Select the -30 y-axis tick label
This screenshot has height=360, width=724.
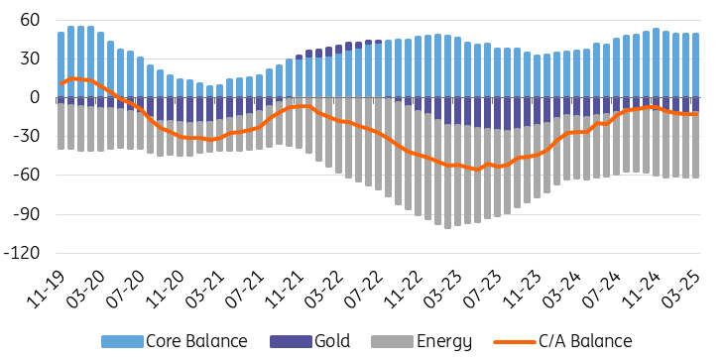click(28, 137)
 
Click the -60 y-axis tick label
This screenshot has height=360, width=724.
click(28, 176)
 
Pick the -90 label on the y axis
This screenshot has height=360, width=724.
click(28, 214)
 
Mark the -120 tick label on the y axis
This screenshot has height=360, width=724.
click(24, 253)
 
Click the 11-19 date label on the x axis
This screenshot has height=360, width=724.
click(47, 289)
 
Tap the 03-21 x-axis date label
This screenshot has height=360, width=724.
click(205, 289)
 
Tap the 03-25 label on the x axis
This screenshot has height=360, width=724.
click(682, 289)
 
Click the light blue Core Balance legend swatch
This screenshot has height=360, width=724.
click(122, 342)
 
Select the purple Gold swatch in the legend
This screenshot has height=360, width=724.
click(291, 342)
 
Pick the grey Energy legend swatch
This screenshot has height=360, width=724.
click(392, 342)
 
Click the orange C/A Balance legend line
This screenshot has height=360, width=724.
click(515, 342)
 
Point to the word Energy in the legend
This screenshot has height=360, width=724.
click(444, 342)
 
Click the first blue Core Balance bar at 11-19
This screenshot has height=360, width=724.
click(60, 64)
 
